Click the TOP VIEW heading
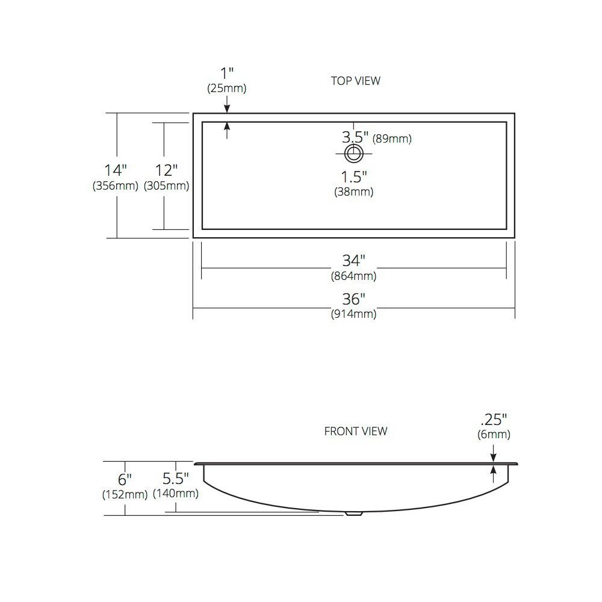356,81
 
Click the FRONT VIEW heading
356,432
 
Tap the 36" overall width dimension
353,299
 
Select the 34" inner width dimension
353,261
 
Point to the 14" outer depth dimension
116,170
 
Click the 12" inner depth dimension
166,170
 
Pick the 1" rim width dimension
227,73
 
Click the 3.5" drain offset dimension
355,137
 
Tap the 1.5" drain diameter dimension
354,177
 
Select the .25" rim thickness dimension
494,420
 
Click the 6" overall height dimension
125,480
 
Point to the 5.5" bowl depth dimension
175,479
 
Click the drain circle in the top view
353,154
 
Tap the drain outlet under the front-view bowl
353,514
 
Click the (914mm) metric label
353,314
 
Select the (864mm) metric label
353,276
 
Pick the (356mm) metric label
115,186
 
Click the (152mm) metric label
125,494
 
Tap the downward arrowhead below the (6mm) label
494,458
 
